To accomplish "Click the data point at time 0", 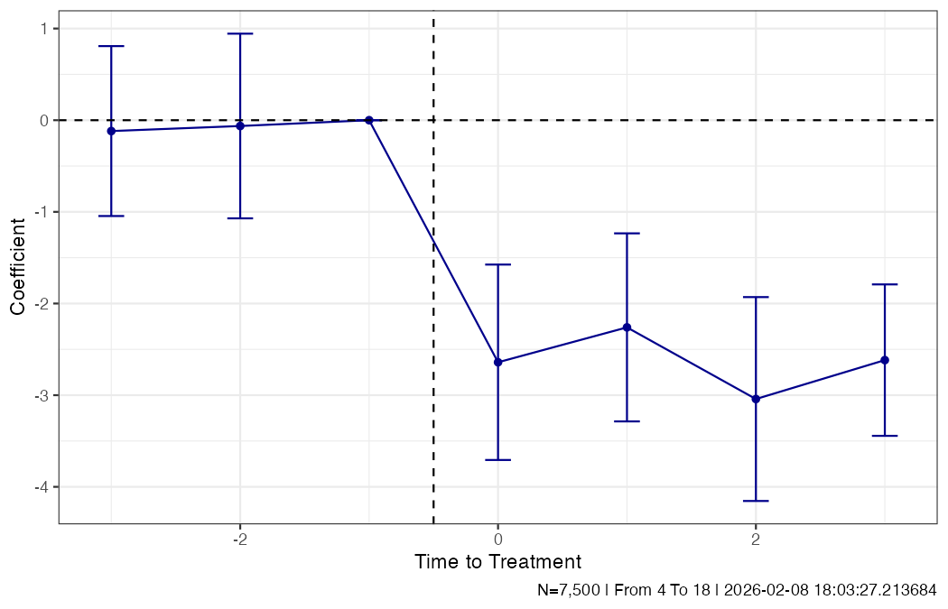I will point(497,362).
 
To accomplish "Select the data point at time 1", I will point(627,328).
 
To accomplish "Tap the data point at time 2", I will point(756,399).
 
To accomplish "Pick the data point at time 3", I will point(885,360).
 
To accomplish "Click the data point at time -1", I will point(368,120).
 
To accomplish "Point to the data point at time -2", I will point(240,125).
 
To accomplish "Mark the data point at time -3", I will point(111,131).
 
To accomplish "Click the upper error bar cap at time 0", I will point(497,264).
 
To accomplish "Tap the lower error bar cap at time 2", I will point(756,501).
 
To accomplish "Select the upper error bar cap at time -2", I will point(240,33).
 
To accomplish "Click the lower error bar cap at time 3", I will point(885,436).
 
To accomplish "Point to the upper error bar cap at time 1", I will point(627,233).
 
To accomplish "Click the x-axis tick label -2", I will point(239,539).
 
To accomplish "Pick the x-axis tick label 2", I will point(756,539).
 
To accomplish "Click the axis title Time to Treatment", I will point(497,562).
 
